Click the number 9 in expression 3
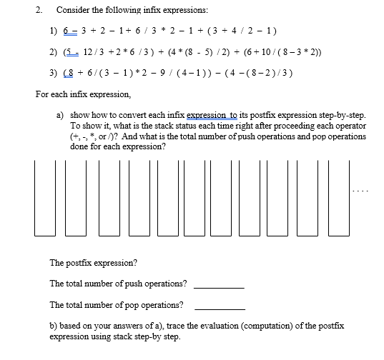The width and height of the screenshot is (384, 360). click(175, 73)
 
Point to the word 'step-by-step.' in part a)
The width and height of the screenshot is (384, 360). click(338, 114)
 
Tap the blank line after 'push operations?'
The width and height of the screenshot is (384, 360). click(219, 287)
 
